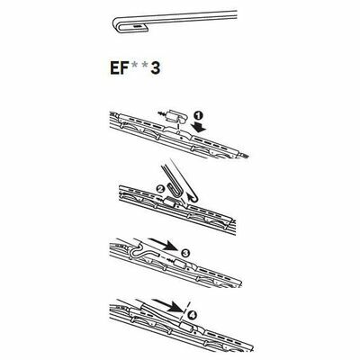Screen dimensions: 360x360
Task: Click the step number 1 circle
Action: (197, 117)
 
